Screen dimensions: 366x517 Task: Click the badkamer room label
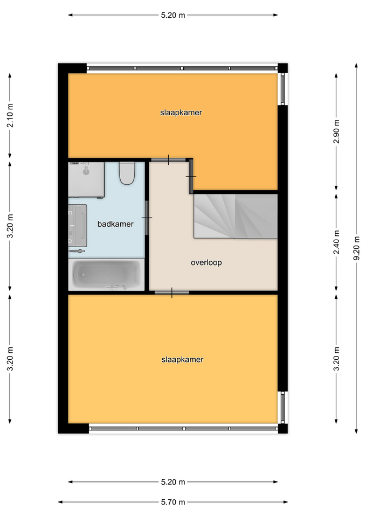[115, 224]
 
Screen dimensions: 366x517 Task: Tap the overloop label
[206, 263]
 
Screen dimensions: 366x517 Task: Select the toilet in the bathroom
[127, 173]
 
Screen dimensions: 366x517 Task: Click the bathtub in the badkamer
[107, 274]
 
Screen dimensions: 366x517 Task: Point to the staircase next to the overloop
[236, 216]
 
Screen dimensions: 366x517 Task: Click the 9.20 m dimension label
[356, 248]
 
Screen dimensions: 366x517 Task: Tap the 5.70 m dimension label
[173, 502]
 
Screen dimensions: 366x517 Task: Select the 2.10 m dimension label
[10, 115]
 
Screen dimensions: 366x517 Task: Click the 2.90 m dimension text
[336, 131]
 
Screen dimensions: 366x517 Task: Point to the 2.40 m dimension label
[336, 242]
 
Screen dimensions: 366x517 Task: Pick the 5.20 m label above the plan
[173, 15]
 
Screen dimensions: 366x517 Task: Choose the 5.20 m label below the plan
[173, 482]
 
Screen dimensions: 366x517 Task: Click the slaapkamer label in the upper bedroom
[181, 113]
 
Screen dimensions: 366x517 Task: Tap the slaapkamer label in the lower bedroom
[183, 360]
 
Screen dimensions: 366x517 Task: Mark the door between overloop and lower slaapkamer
[171, 292]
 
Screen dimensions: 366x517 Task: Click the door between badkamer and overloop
[147, 218]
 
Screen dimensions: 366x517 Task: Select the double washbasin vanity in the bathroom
[78, 226]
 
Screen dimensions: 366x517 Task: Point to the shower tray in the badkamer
[86, 180]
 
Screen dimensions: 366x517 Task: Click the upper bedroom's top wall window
[183, 68]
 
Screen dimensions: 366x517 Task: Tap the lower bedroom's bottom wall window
[183, 428]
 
